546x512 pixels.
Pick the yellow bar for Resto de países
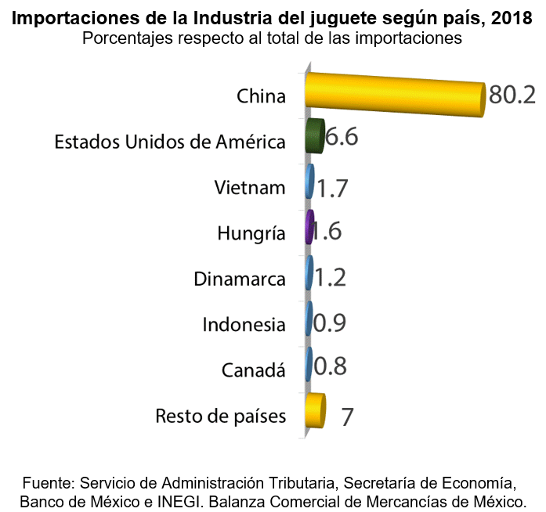315,411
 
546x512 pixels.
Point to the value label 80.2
511,95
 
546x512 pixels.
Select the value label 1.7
332,188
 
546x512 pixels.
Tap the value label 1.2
330,277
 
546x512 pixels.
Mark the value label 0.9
330,323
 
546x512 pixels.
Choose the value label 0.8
330,366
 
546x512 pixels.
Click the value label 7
347,416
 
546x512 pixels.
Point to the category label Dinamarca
240,278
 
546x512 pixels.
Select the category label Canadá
254,369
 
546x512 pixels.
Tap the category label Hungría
251,233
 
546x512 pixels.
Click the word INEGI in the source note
208,499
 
